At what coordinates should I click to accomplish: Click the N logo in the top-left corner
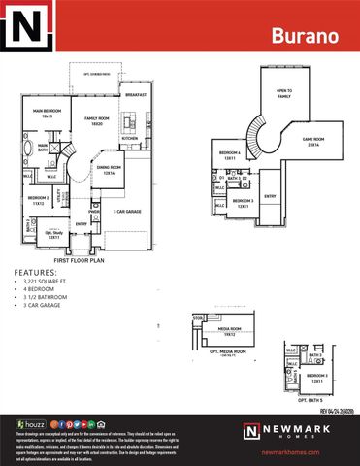point(27,26)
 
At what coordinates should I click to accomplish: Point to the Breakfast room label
point(134,95)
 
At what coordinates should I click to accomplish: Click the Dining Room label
point(108,169)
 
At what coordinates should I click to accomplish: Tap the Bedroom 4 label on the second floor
point(230,154)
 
